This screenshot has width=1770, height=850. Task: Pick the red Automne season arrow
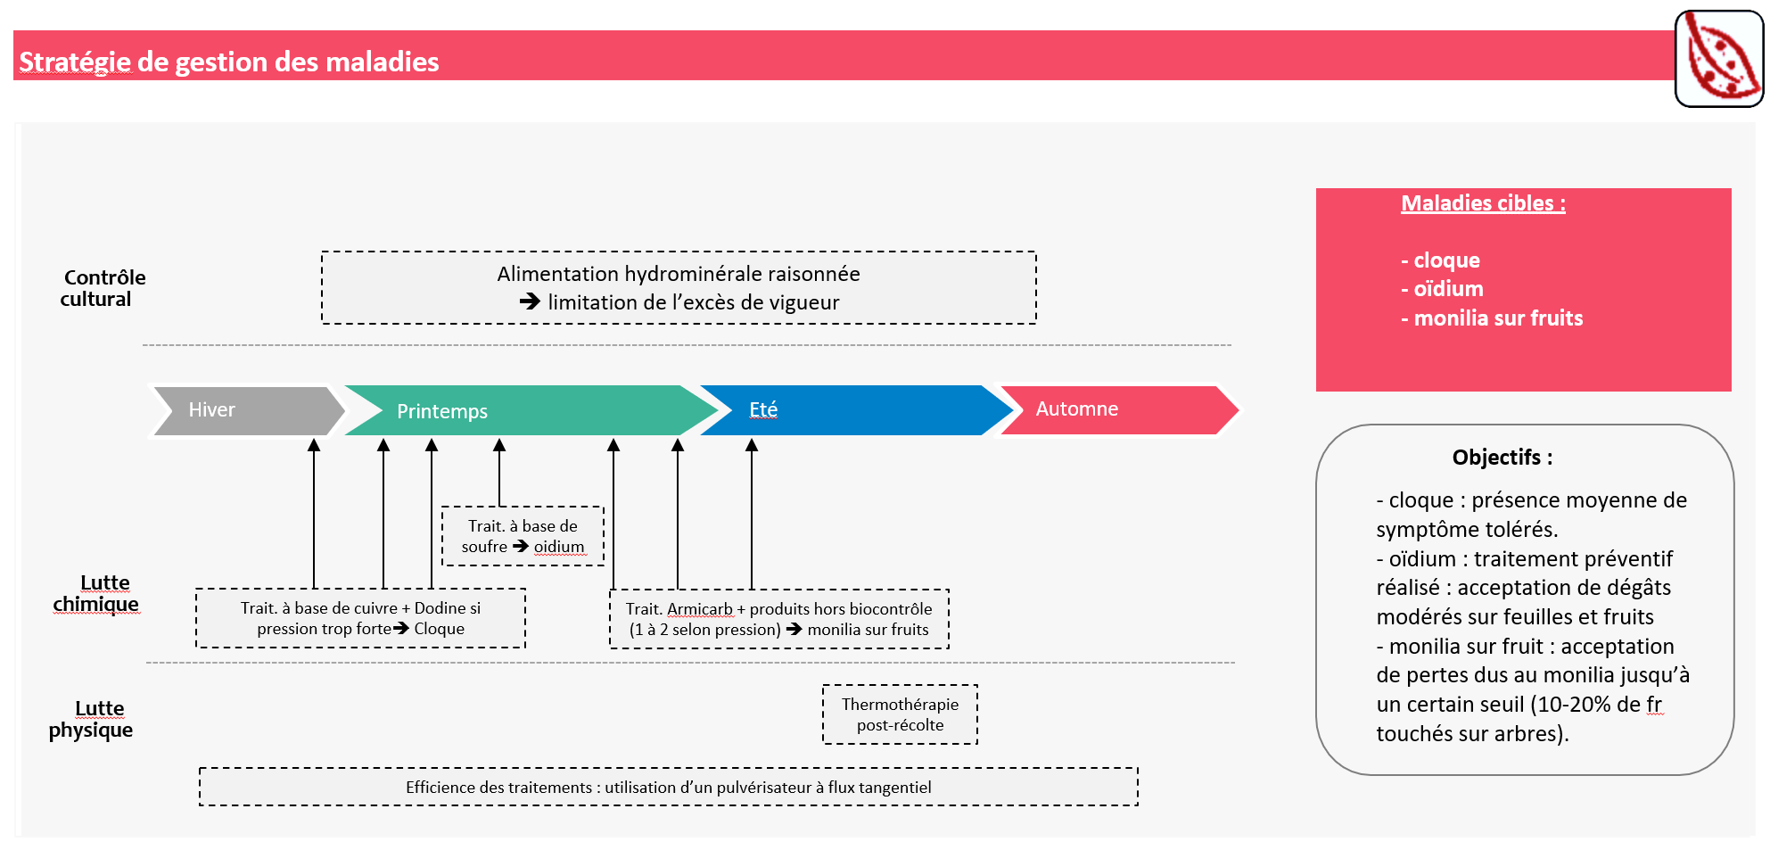[x=1115, y=409]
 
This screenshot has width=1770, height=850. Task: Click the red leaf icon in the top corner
[x=1718, y=59]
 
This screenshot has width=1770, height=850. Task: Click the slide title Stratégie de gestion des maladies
[x=229, y=62]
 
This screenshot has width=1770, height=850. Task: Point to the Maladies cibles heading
[x=1483, y=203]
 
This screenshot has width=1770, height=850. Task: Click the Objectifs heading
[x=1502, y=458]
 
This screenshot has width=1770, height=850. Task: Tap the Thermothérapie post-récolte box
[x=900, y=714]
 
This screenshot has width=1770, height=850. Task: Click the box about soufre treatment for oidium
[x=523, y=536]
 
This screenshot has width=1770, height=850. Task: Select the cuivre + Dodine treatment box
[x=360, y=618]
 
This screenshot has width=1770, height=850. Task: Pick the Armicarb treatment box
[x=778, y=619]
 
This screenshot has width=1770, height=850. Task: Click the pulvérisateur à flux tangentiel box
[x=668, y=787]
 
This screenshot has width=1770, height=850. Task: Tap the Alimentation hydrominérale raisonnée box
[x=679, y=287]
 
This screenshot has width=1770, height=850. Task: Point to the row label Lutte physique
[x=92, y=719]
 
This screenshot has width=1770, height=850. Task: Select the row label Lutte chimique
[x=96, y=593]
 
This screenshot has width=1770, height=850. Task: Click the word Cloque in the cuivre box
[x=439, y=629]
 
